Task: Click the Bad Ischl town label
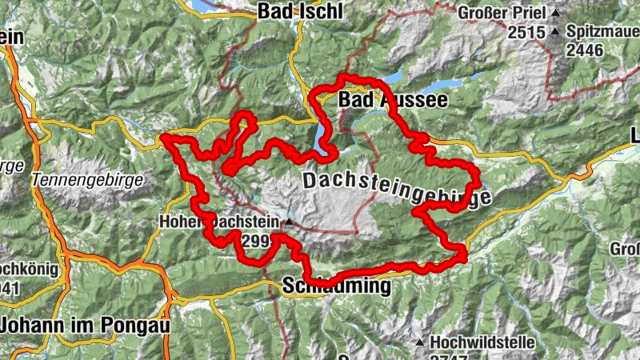point(300,11)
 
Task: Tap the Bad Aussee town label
point(392,100)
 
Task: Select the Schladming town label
point(336,286)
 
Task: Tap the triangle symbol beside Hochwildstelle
point(419,342)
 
